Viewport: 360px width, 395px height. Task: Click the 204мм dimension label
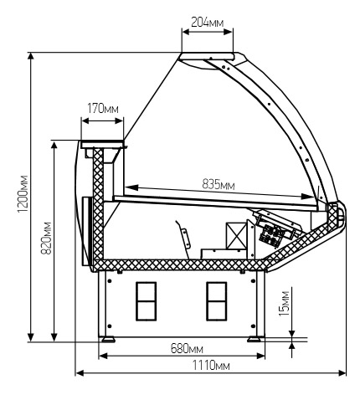207,22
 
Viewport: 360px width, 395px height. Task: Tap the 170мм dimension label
103,109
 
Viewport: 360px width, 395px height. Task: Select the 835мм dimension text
219,184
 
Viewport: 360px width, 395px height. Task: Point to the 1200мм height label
23,193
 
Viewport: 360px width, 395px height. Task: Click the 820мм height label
46,238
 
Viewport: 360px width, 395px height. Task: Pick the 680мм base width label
187,348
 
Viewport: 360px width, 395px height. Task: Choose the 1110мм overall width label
211,365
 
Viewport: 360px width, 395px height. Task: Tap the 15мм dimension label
284,304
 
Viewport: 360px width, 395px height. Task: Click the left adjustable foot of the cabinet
108,340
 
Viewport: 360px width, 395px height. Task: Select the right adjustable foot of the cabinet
254,340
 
